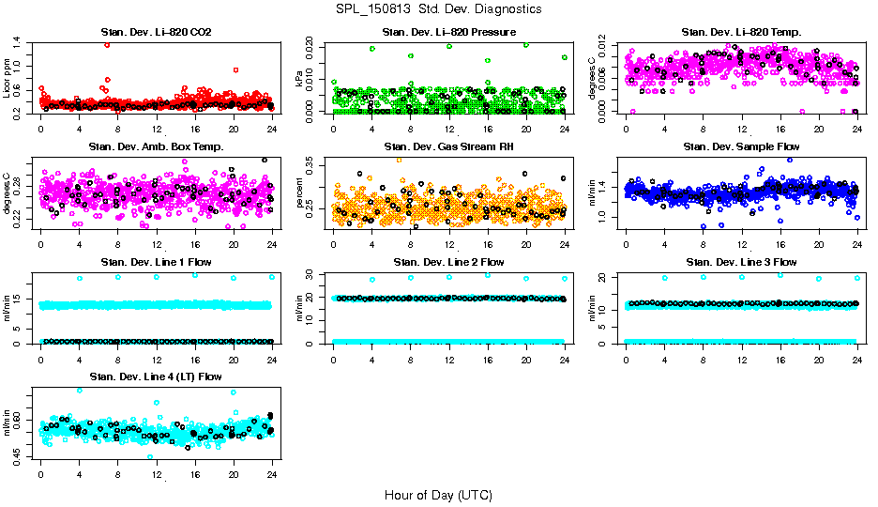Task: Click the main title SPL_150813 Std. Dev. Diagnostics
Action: [438, 9]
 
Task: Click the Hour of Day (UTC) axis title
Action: [438, 494]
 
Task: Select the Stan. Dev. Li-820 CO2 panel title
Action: [156, 33]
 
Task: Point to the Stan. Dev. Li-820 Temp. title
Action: [741, 33]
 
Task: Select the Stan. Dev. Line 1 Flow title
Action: [156, 262]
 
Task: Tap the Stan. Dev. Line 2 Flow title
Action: [448, 262]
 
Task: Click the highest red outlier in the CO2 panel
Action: [107, 44]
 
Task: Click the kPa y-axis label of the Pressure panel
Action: [300, 80]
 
